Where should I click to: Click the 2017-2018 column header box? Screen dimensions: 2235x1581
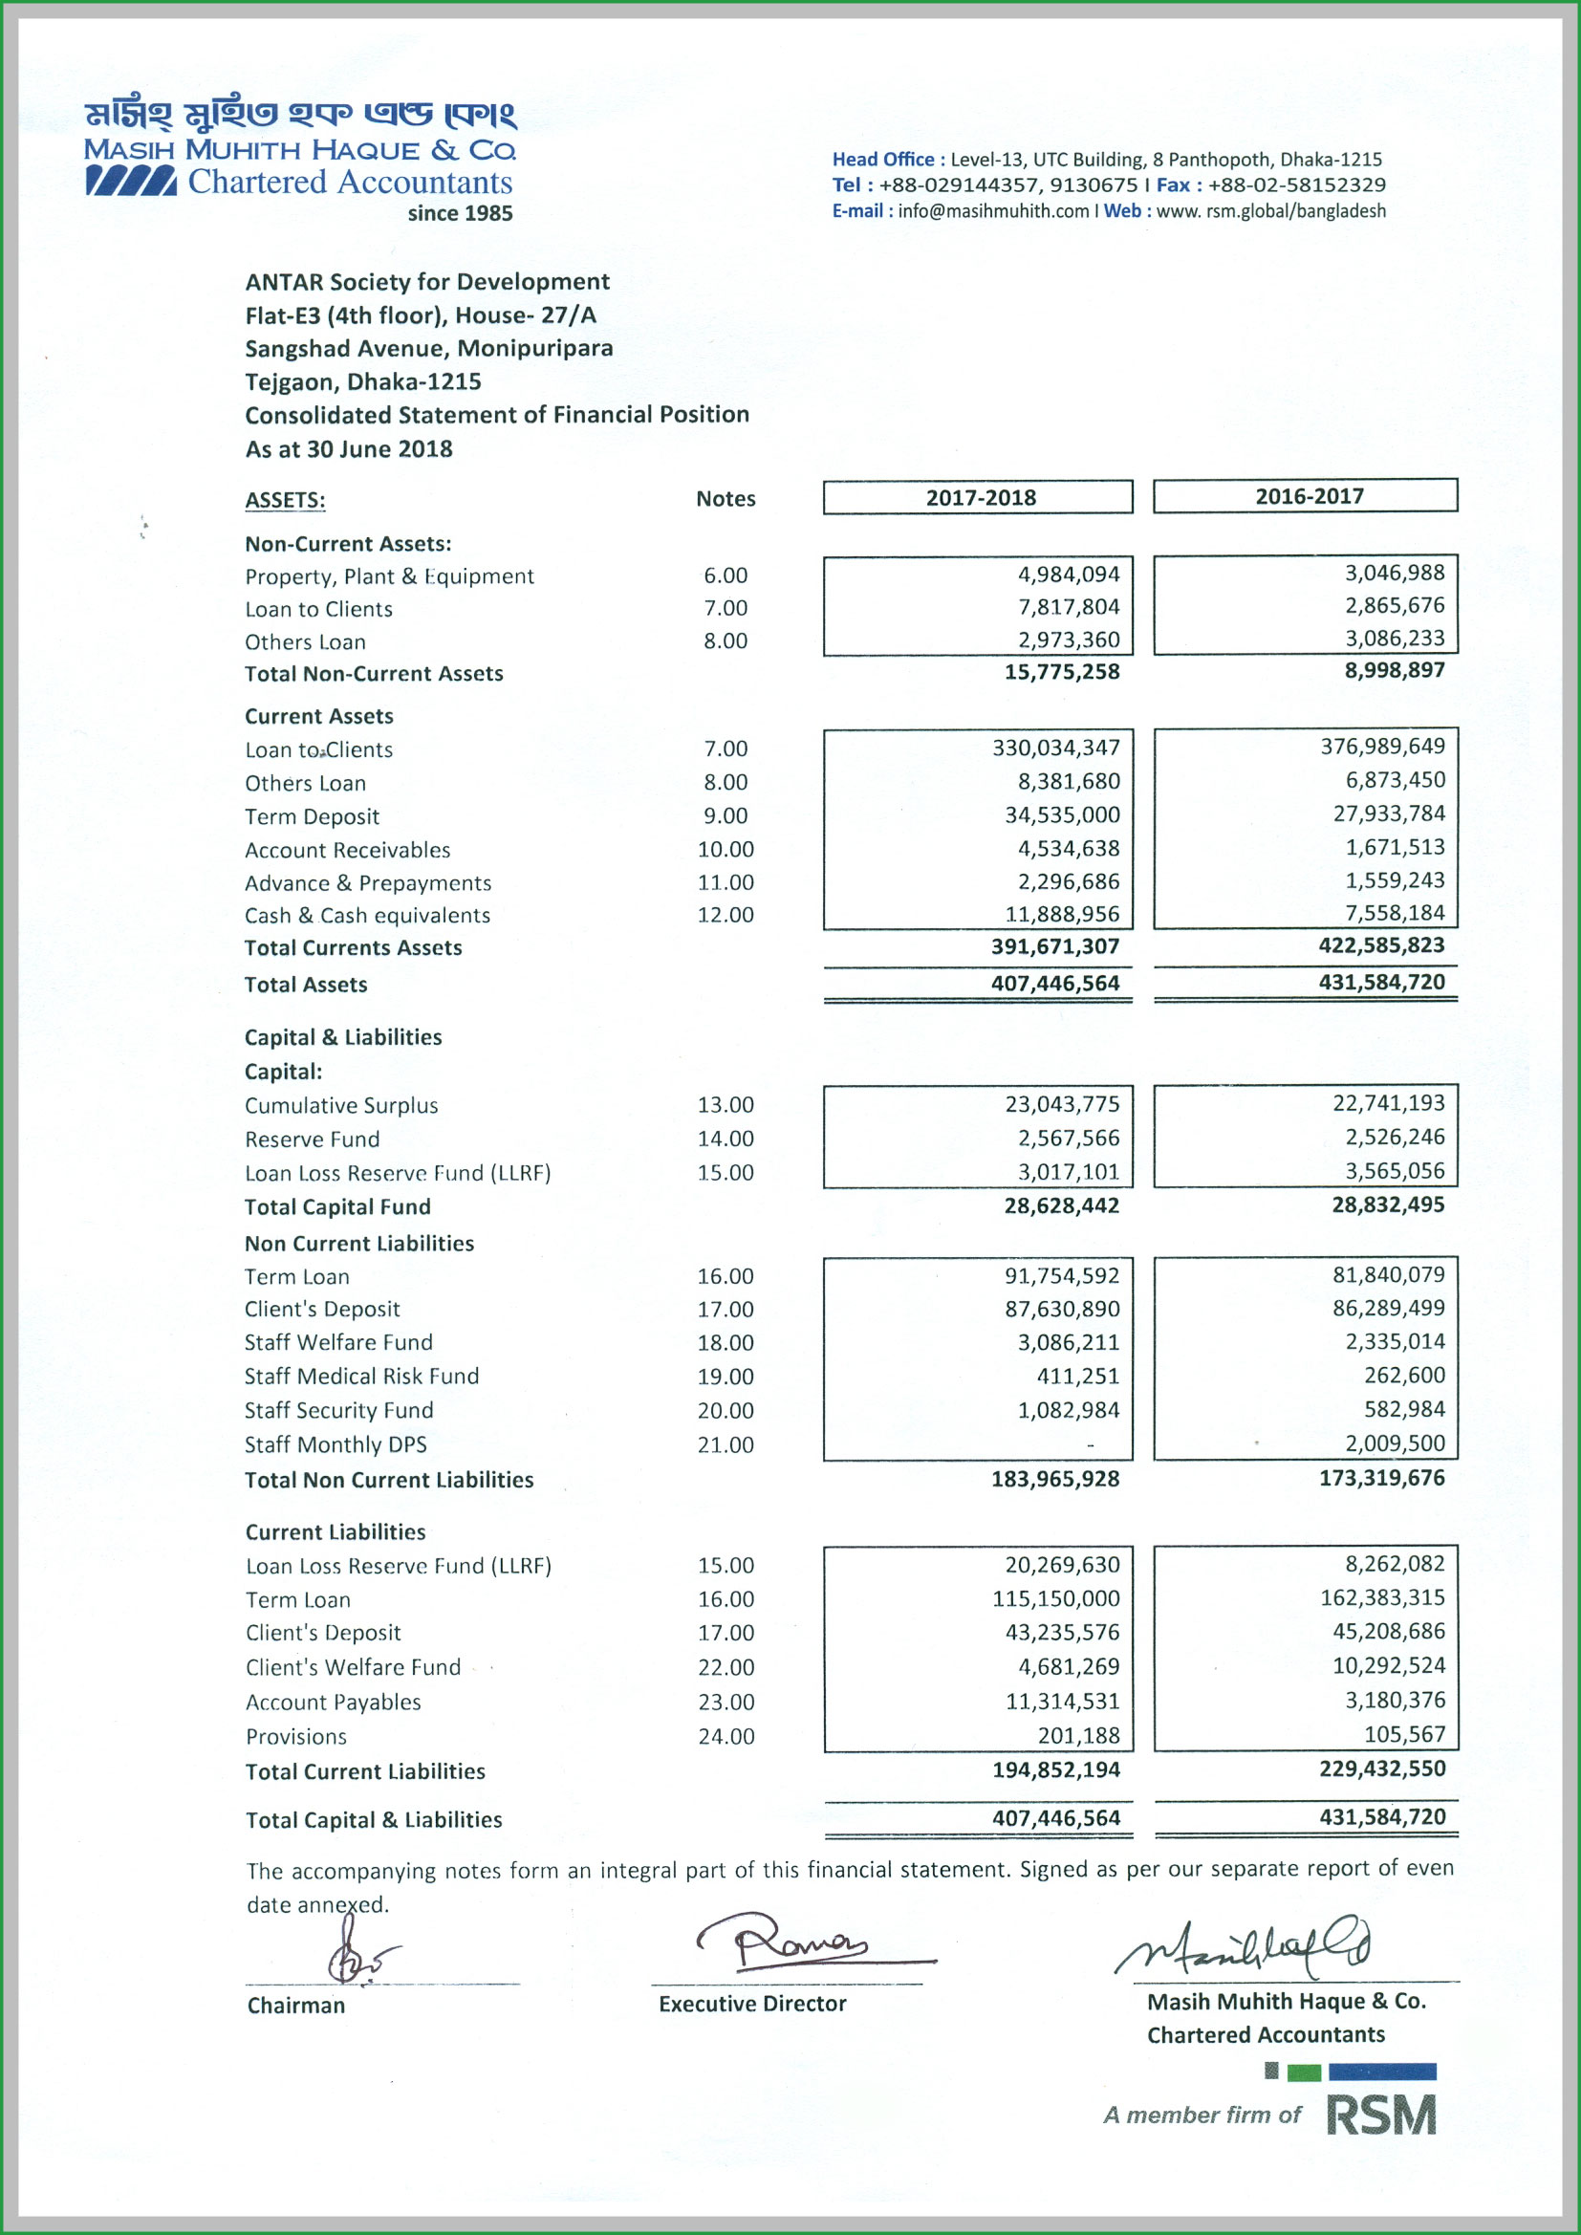[x=978, y=497]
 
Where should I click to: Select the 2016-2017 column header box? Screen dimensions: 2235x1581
[x=1306, y=495]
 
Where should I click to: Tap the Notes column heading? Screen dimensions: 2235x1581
[x=726, y=498]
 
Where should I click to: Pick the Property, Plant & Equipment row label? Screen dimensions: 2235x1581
[x=389, y=576]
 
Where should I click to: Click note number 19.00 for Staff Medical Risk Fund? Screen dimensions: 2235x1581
[x=726, y=1377]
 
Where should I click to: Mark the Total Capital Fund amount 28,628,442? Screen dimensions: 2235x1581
[x=1061, y=1206]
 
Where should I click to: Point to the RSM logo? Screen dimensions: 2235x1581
[x=1379, y=2115]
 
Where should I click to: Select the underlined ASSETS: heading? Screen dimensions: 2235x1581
[x=285, y=500]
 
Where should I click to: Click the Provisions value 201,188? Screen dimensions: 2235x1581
[x=1077, y=1736]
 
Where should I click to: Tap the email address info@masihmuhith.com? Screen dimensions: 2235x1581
[x=993, y=211]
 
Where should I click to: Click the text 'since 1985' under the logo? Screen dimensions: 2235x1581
[x=460, y=213]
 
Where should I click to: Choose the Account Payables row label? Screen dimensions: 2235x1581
[x=333, y=1702]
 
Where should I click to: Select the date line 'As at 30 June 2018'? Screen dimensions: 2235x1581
[x=349, y=448]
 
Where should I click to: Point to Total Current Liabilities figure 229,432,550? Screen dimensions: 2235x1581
[x=1381, y=1768]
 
